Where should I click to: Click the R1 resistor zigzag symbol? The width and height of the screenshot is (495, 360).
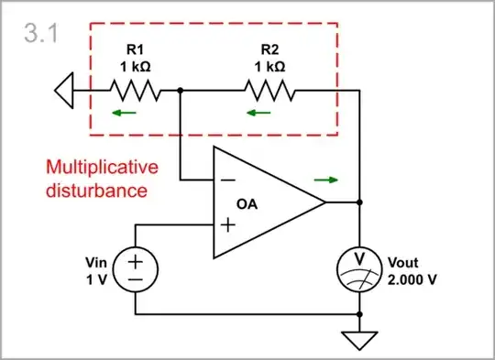[x=136, y=91]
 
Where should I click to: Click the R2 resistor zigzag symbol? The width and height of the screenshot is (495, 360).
[x=268, y=91]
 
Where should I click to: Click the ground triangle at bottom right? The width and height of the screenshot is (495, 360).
[x=360, y=340]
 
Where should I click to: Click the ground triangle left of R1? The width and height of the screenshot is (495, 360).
[x=61, y=91]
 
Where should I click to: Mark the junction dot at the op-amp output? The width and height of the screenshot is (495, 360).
[x=360, y=202]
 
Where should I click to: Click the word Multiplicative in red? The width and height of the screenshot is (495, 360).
[x=102, y=168]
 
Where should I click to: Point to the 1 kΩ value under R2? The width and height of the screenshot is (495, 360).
[x=268, y=66]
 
